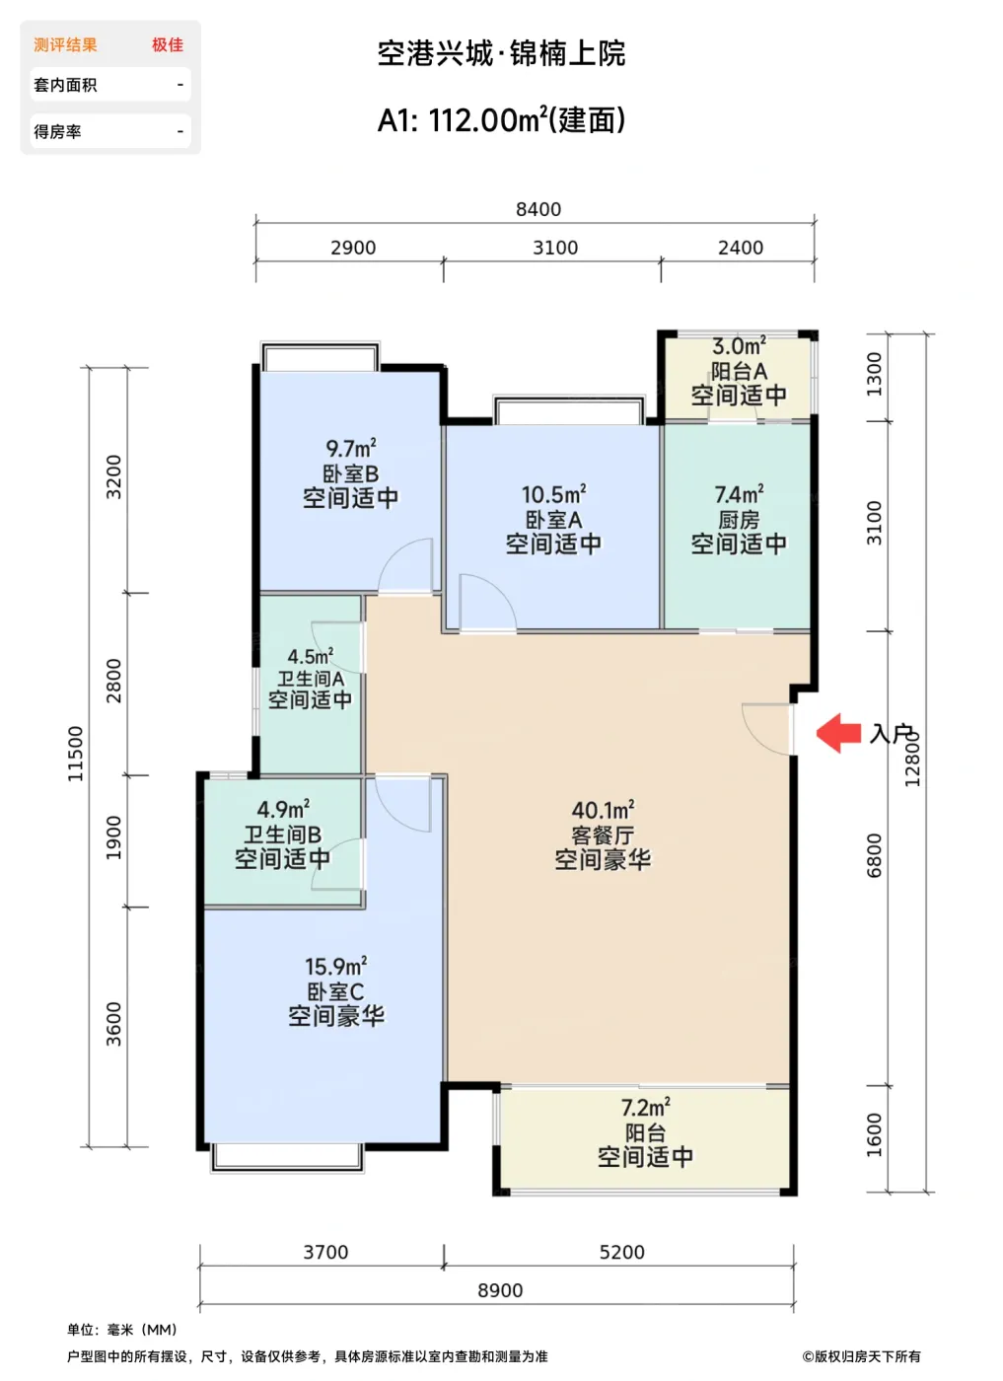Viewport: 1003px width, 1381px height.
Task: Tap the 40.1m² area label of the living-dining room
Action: pos(603,810)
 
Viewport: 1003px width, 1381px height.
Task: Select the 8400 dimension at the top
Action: pos(538,209)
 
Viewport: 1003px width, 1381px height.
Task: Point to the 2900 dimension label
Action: pos(353,248)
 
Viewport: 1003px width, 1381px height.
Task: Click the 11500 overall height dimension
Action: pos(75,754)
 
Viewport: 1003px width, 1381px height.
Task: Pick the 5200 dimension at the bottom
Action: pos(622,1252)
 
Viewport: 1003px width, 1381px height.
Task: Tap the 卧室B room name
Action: pos(350,473)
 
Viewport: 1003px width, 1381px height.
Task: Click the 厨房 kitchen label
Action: pos(739,520)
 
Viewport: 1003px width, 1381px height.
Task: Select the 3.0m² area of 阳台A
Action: pos(739,346)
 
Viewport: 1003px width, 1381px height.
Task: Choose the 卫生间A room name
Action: pos(310,679)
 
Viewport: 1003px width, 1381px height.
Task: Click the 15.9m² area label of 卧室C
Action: pos(336,966)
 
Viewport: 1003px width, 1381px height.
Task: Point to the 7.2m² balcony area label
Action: pos(645,1108)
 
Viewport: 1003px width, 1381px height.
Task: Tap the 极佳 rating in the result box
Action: pos(168,45)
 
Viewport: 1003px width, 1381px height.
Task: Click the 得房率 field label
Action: pos(57,131)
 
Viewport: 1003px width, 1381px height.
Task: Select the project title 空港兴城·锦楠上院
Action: pos(501,53)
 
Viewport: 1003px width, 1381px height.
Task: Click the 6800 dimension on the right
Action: pos(874,855)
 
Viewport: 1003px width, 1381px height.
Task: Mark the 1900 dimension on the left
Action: pos(113,836)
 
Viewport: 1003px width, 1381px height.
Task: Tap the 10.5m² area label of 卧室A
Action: pos(553,494)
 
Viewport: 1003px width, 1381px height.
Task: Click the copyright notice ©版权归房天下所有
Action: pos(861,1356)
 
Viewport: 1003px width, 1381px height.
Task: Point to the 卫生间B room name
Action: pos(282,835)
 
